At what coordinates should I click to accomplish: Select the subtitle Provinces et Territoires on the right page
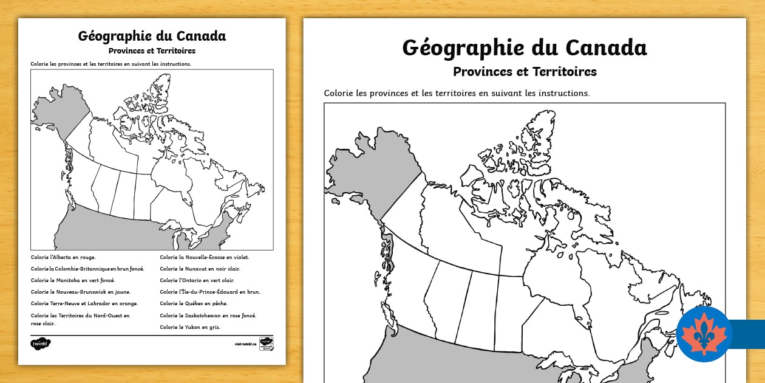point(525,72)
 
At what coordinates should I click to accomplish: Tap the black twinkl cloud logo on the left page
point(41,343)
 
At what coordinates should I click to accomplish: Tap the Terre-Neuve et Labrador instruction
point(84,303)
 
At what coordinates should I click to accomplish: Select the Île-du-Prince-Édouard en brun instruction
point(210,292)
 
